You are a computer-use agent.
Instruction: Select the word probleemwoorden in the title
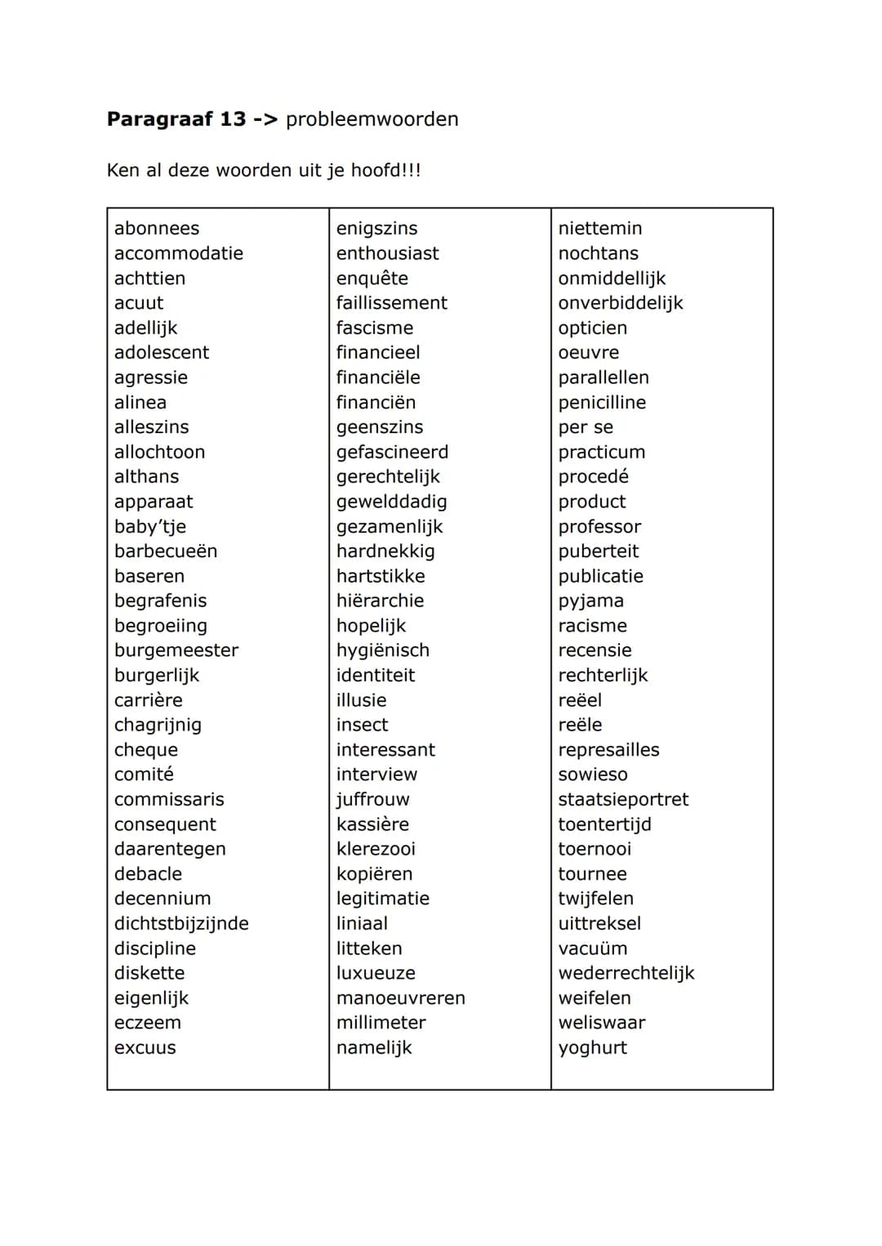(372, 119)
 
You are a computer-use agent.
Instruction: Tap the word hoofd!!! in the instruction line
(385, 171)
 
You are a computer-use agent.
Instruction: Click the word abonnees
(157, 229)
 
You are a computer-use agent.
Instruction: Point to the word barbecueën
(166, 552)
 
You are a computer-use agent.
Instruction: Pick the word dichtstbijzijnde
(181, 923)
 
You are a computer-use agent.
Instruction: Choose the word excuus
(145, 1047)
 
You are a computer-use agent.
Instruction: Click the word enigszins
(376, 229)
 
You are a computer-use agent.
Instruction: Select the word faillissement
(392, 303)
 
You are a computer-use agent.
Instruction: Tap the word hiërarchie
(380, 601)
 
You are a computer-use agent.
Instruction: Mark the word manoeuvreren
(401, 998)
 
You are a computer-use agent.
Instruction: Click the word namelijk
(374, 1047)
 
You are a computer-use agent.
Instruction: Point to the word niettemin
(600, 229)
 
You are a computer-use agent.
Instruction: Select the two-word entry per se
(586, 427)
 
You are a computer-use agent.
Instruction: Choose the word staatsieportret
(623, 799)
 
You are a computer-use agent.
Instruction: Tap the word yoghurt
(593, 1047)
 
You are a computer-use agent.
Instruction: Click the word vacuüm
(593, 949)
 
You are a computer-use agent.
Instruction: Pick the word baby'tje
(150, 526)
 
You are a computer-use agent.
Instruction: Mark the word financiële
(378, 377)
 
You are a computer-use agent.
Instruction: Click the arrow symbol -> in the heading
(265, 119)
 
